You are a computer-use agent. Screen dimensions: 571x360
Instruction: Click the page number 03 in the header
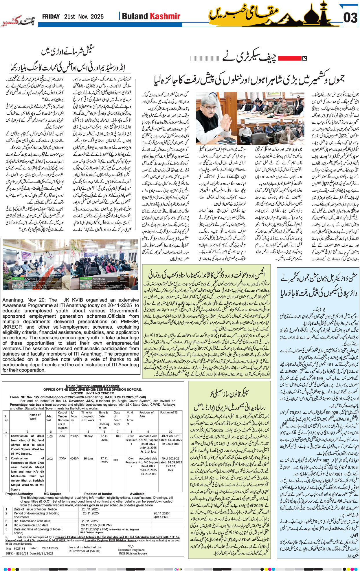point(350,18)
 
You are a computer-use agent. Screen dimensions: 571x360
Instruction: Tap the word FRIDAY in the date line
point(51,17)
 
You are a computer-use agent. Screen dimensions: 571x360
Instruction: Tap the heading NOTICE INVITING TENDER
point(93,393)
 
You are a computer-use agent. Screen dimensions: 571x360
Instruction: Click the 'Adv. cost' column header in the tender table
point(49,418)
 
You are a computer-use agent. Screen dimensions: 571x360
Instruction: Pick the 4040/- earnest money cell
point(74,459)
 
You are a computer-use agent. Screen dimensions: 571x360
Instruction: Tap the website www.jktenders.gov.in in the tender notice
point(82,505)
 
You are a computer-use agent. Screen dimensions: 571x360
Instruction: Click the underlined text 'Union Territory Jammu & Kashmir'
point(93,386)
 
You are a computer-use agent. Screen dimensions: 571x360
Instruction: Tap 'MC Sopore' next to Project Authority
point(52,494)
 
